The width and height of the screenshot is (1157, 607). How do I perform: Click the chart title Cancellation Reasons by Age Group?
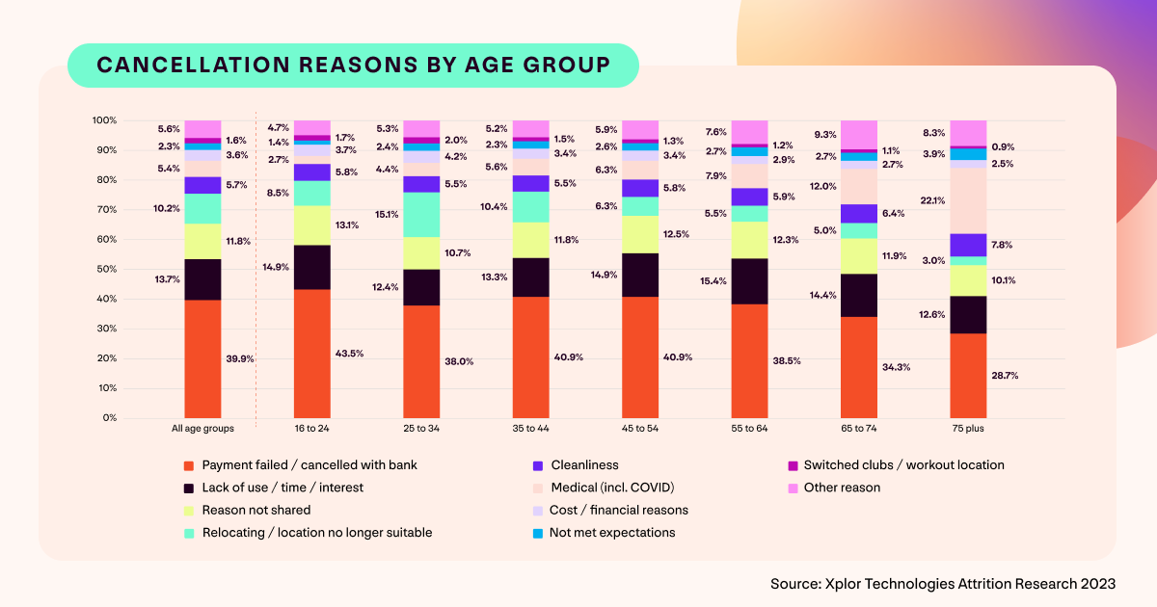point(353,65)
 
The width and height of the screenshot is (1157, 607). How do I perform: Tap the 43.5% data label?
point(349,354)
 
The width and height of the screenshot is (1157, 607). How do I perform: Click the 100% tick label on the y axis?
point(103,120)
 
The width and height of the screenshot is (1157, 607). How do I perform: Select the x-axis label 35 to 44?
point(531,427)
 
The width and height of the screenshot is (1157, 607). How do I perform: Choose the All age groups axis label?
point(202,427)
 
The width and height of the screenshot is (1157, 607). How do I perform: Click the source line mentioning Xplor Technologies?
point(943,584)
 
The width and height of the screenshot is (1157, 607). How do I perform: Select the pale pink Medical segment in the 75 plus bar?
point(968,200)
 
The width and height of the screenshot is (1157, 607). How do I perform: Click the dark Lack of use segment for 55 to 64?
point(750,281)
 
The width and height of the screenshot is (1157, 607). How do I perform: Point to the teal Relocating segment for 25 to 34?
point(421,215)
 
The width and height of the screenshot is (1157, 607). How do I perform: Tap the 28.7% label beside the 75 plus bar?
point(1005,375)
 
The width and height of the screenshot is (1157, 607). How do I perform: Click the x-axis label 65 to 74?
point(859,427)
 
